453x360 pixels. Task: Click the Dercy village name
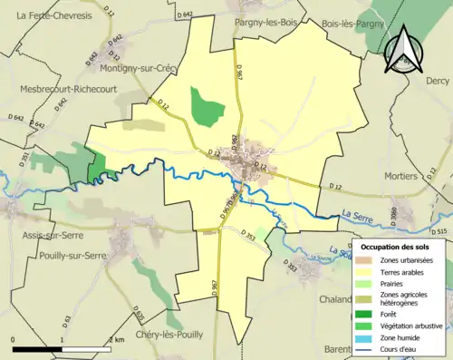437,81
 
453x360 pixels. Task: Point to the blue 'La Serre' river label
360,214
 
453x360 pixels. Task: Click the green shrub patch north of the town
207,106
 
